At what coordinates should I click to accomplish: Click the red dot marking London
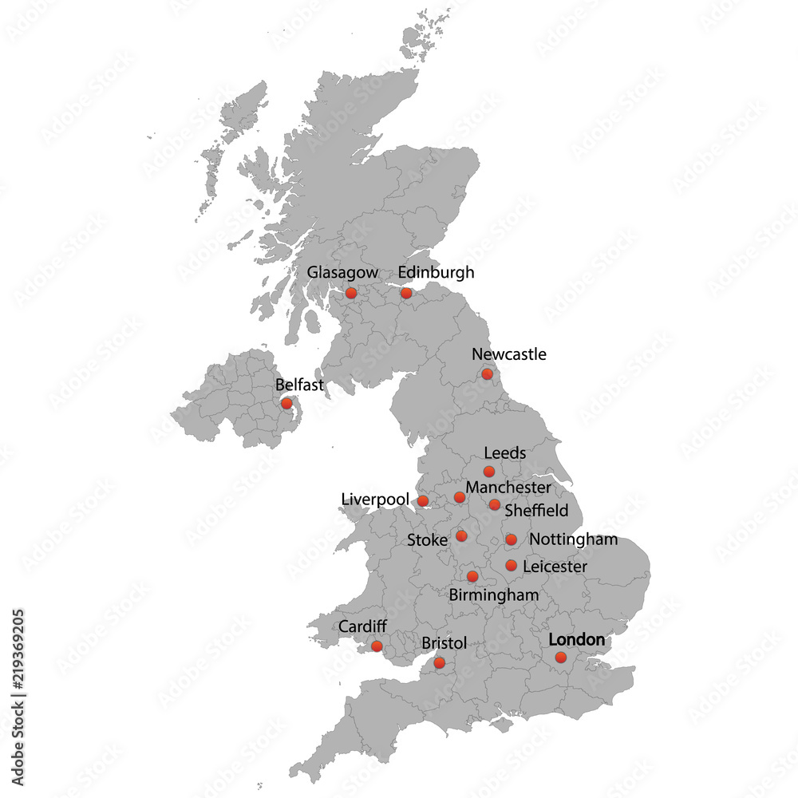pyautogui.click(x=561, y=658)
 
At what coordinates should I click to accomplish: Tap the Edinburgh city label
pyautogui.click(x=436, y=273)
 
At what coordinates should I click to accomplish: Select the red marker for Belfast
pyautogui.click(x=286, y=404)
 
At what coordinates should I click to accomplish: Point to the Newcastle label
pyautogui.click(x=509, y=354)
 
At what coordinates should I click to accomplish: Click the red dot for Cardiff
pyautogui.click(x=377, y=646)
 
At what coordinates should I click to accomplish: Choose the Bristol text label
pyautogui.click(x=444, y=643)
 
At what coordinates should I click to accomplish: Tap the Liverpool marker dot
pyautogui.click(x=423, y=501)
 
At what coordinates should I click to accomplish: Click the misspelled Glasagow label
pyautogui.click(x=342, y=273)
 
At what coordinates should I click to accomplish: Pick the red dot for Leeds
pyautogui.click(x=489, y=472)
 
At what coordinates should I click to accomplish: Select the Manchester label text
pyautogui.click(x=508, y=487)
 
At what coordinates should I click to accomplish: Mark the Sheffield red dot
pyautogui.click(x=495, y=504)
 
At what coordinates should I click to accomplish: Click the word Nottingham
pyautogui.click(x=573, y=539)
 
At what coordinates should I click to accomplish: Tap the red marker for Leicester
pyautogui.click(x=512, y=566)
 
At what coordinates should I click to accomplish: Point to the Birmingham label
pyautogui.click(x=494, y=595)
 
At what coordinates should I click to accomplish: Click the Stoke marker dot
pyautogui.click(x=461, y=535)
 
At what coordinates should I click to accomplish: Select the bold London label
pyautogui.click(x=577, y=640)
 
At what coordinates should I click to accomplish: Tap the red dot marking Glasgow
pyautogui.click(x=351, y=294)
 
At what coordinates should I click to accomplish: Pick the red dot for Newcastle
pyautogui.click(x=487, y=374)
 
